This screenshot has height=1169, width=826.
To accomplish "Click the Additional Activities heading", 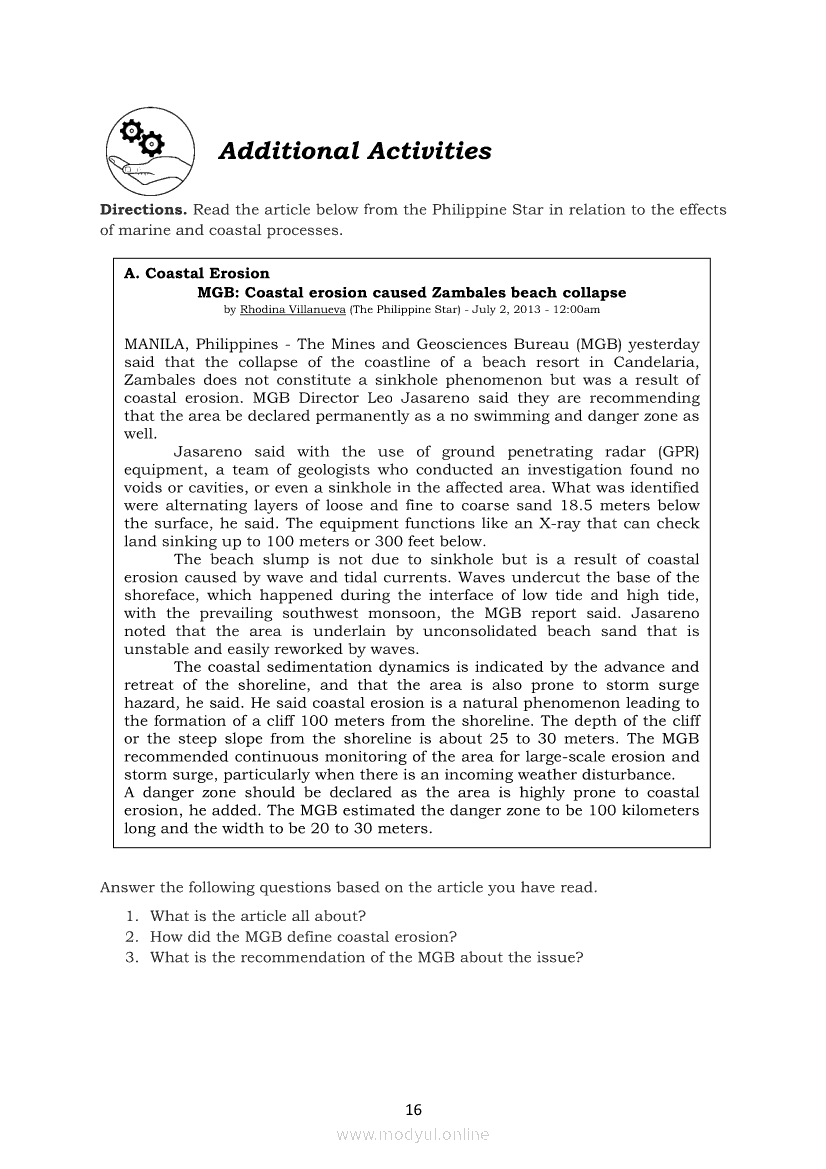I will pyautogui.click(x=354, y=151).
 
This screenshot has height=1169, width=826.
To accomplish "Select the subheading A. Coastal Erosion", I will pyautogui.click(x=197, y=273).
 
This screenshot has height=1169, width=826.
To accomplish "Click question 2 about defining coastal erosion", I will pyautogui.click(x=303, y=937).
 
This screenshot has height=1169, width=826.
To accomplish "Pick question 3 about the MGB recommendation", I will pyautogui.click(x=366, y=957).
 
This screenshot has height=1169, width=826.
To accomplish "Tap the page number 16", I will pyautogui.click(x=413, y=1109).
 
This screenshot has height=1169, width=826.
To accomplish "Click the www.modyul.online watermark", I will pyautogui.click(x=413, y=1134).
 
